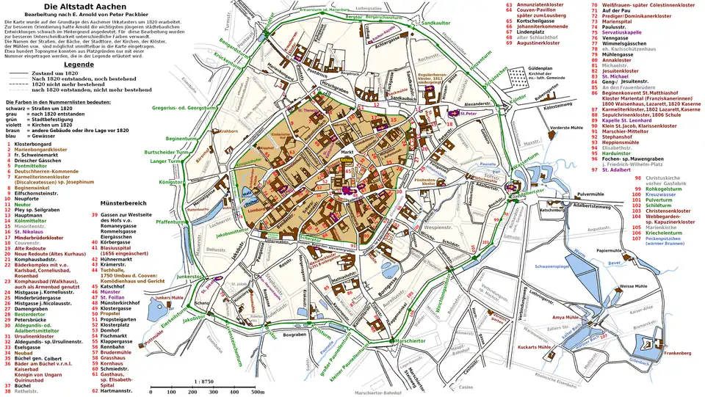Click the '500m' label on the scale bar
(258, 393)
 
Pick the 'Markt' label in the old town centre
(348, 152)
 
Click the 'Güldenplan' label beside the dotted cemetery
(540, 68)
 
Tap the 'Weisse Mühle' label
(632, 285)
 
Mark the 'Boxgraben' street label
(293, 335)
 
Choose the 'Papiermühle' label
(610, 250)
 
